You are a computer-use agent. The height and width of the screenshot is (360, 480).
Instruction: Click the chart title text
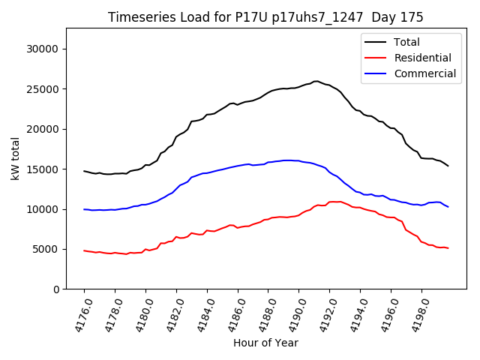(x=265, y=17)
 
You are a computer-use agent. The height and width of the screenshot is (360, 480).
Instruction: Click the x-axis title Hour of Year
(x=265, y=343)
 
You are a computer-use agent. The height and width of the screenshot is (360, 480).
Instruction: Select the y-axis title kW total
(x=14, y=159)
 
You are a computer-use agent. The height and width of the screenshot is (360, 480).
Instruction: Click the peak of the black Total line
(x=316, y=81)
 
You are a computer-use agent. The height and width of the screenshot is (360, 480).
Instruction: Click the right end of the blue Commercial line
(x=448, y=206)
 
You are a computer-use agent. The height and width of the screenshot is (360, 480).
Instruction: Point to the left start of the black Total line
(x=84, y=171)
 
